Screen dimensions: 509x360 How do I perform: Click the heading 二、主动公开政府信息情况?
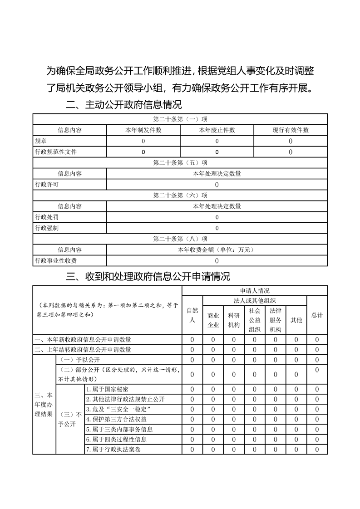click(x=123, y=105)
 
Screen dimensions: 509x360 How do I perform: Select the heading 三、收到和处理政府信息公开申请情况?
click(x=148, y=276)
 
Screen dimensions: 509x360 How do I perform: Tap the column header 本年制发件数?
click(x=143, y=130)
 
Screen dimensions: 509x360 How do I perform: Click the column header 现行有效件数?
click(x=291, y=130)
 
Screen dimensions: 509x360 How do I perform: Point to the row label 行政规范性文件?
click(x=56, y=152)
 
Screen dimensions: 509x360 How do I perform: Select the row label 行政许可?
click(x=47, y=185)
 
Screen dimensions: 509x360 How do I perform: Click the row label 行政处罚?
click(x=47, y=217)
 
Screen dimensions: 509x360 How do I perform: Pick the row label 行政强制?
click(x=47, y=228)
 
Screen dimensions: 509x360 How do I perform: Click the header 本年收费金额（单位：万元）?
click(x=217, y=250)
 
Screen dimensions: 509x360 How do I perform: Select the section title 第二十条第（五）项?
click(x=180, y=163)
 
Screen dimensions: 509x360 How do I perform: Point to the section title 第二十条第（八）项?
click(x=180, y=239)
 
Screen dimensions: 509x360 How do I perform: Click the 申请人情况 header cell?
click(x=255, y=291)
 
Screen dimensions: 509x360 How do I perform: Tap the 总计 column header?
click(x=317, y=315)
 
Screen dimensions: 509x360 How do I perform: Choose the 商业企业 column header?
click(x=213, y=320)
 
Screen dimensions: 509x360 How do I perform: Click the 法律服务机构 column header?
click(x=276, y=320)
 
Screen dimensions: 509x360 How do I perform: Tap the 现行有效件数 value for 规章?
click(x=291, y=141)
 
